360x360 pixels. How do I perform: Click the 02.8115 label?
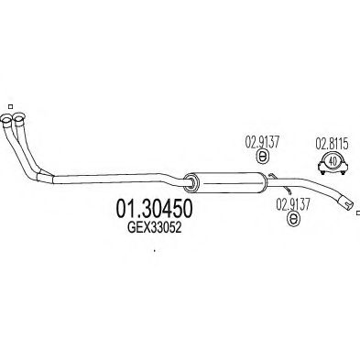coord(331,142)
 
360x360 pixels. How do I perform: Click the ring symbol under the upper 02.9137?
coord(259,158)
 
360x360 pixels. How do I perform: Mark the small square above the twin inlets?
coord(7,104)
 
